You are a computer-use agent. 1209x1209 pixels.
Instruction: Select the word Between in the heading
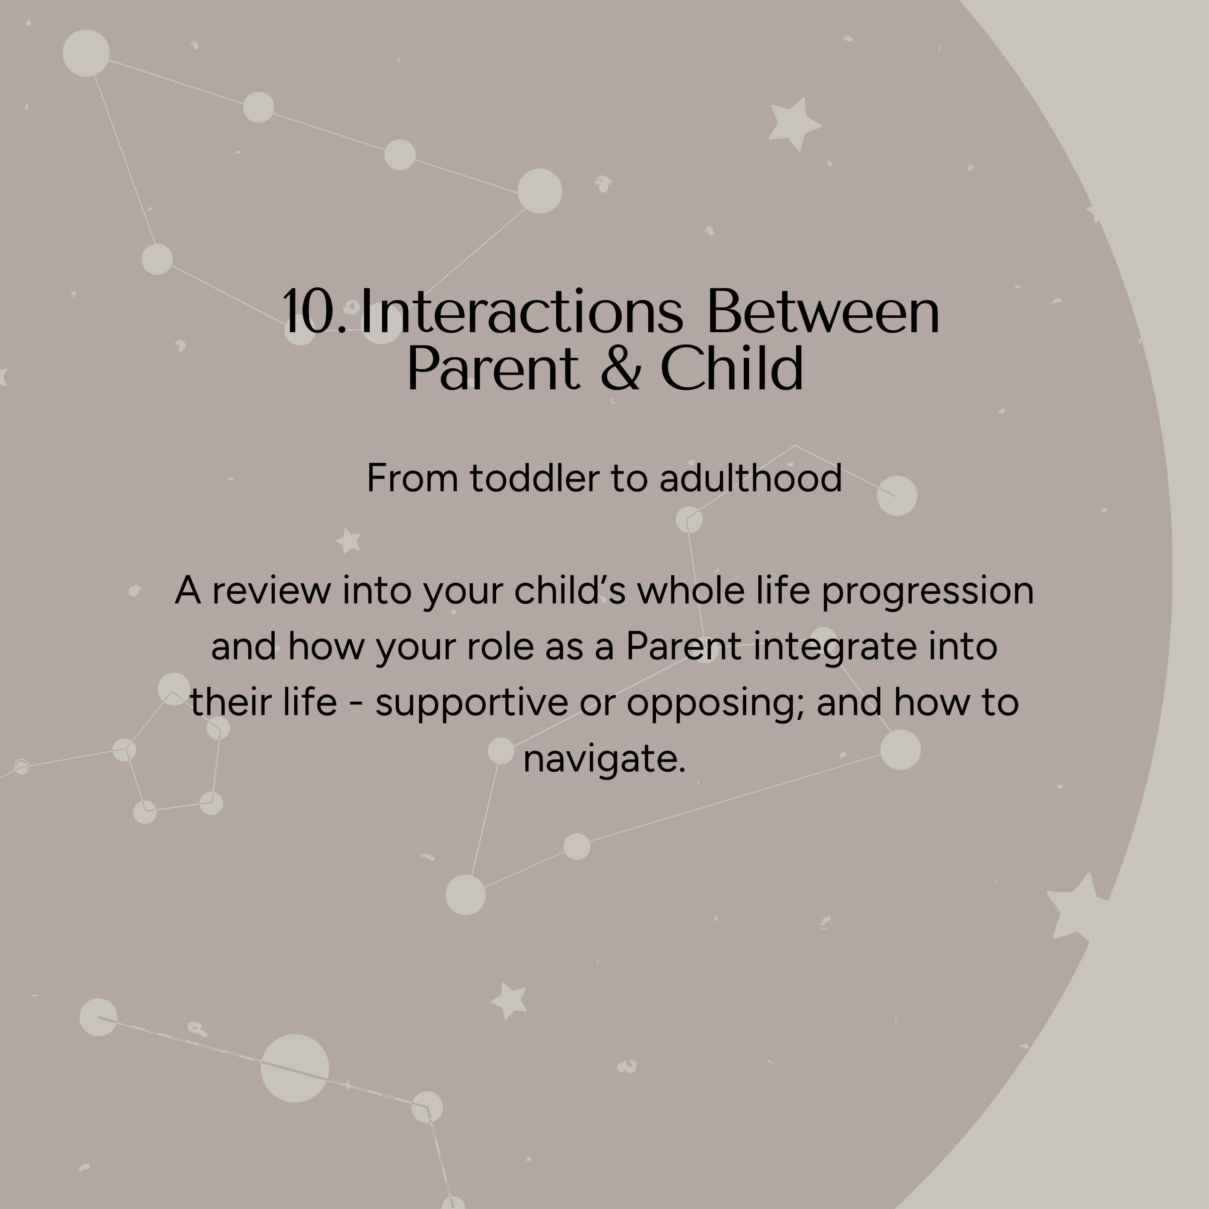tap(823, 310)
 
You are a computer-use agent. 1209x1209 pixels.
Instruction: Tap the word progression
tap(928, 592)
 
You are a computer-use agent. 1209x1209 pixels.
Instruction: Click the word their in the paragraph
tap(230, 702)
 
